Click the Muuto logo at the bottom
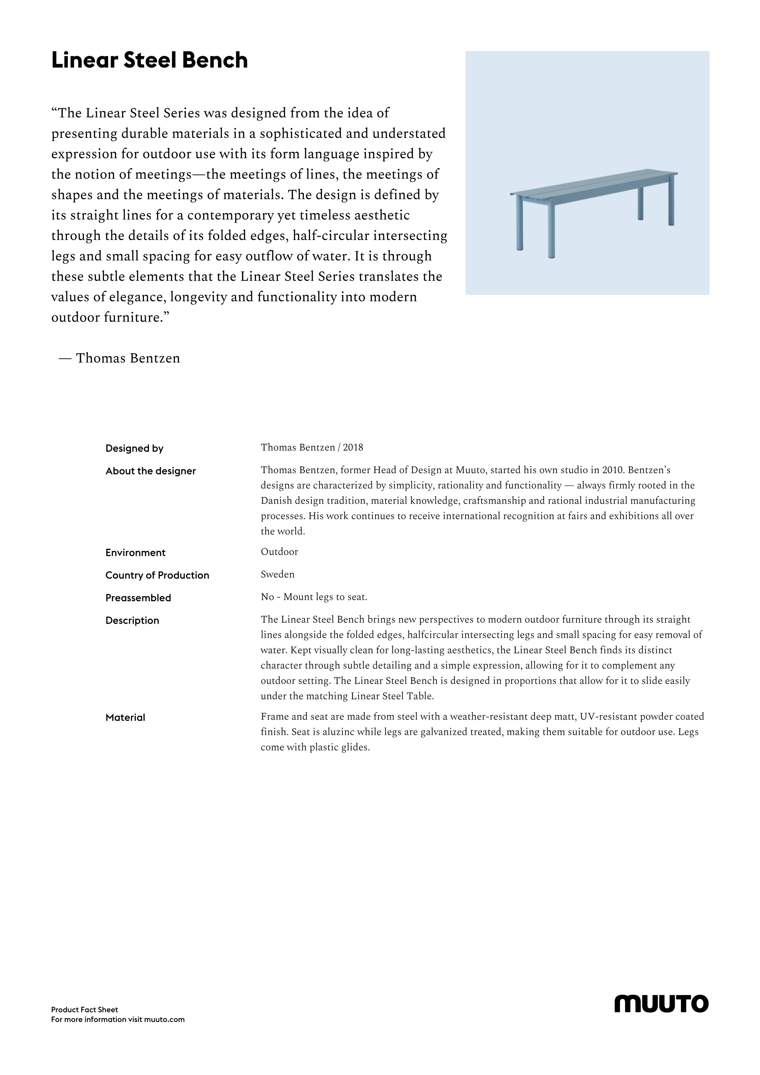click(x=661, y=1004)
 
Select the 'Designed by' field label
click(x=134, y=449)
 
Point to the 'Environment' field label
click(x=135, y=553)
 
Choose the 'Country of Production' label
click(x=157, y=575)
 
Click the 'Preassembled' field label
click(x=138, y=598)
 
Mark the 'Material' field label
click(x=125, y=718)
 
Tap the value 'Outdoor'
click(x=279, y=552)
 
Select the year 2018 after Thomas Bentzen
click(x=353, y=448)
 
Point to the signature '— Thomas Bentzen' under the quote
click(x=119, y=358)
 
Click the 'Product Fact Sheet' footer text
click(x=84, y=1010)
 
